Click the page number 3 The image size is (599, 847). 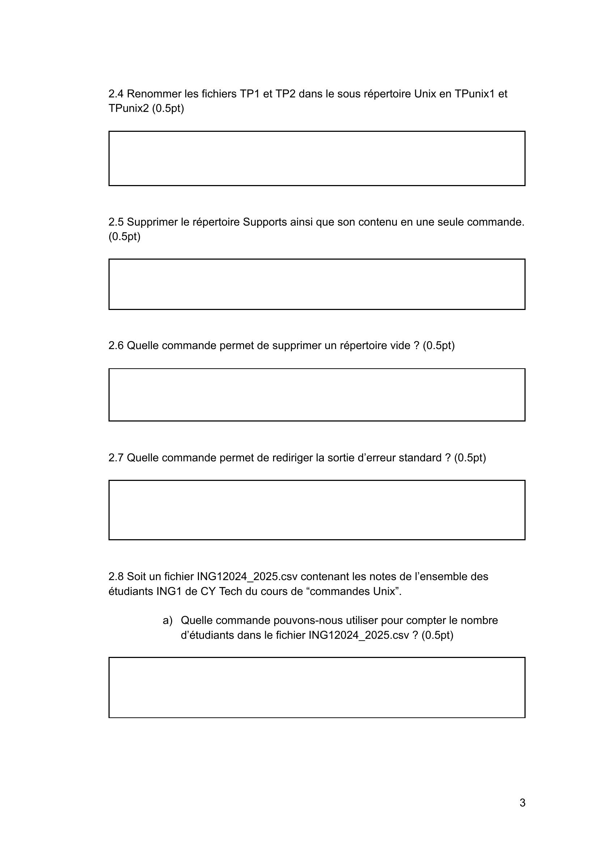522,803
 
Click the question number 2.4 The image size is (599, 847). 116,94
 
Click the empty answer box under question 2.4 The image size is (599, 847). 317,158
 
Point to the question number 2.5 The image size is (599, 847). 116,222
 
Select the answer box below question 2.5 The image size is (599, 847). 317,284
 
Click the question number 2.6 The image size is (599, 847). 116,345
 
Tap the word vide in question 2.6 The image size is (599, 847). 400,345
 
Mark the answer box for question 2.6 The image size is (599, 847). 317,395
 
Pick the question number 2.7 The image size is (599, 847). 116,458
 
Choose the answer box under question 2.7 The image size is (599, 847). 317,510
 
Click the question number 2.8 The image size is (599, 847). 116,577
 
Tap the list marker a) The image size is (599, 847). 167,621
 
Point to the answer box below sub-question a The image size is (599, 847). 317,688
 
